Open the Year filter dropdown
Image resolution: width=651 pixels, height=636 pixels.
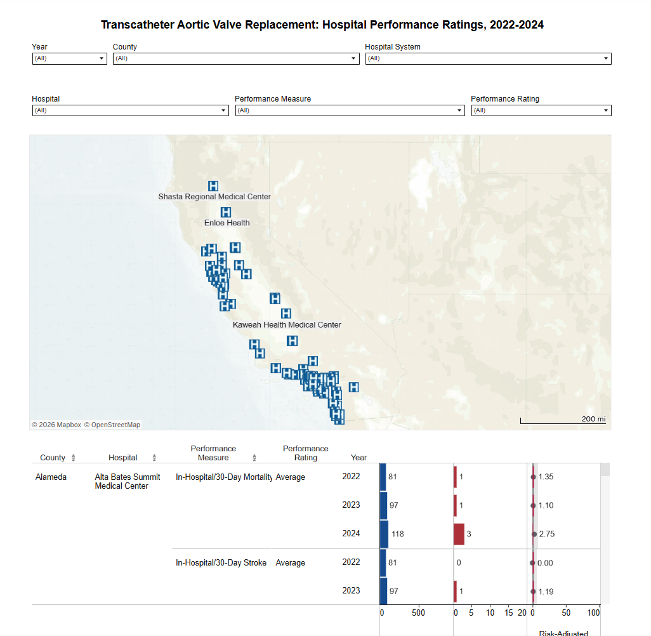pyautogui.click(x=69, y=58)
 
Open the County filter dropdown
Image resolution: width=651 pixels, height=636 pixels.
pyautogui.click(x=235, y=58)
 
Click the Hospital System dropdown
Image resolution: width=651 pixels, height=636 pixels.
pyautogui.click(x=488, y=58)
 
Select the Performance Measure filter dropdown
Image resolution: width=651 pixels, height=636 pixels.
pyautogui.click(x=350, y=110)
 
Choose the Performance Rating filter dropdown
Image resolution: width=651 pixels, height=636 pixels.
pyautogui.click(x=541, y=110)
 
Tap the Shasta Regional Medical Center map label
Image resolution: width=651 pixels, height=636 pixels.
pyautogui.click(x=214, y=197)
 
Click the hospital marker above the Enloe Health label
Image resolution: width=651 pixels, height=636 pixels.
pyautogui.click(x=225, y=212)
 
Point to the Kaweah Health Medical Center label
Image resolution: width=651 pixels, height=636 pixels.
pyautogui.click(x=287, y=325)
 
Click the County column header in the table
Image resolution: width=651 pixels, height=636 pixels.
pyautogui.click(x=53, y=458)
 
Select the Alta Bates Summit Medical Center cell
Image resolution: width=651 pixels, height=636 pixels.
pyautogui.click(x=128, y=481)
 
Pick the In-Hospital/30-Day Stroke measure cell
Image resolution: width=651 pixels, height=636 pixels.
pyautogui.click(x=221, y=562)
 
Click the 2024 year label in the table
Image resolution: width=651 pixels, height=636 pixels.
pyautogui.click(x=351, y=534)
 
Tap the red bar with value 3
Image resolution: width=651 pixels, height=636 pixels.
pyautogui.click(x=459, y=534)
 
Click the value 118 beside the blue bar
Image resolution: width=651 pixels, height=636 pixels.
pyautogui.click(x=398, y=534)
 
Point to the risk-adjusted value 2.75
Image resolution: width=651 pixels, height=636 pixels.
pyautogui.click(x=546, y=534)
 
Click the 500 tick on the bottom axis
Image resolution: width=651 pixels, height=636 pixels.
pyautogui.click(x=418, y=613)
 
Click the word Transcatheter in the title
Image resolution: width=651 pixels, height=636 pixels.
pyautogui.click(x=139, y=25)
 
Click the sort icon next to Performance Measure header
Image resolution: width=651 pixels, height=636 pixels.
pyautogui.click(x=254, y=458)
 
